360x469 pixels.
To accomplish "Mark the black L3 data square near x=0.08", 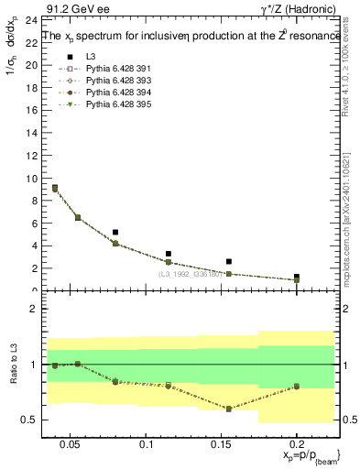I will click(115, 233).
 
